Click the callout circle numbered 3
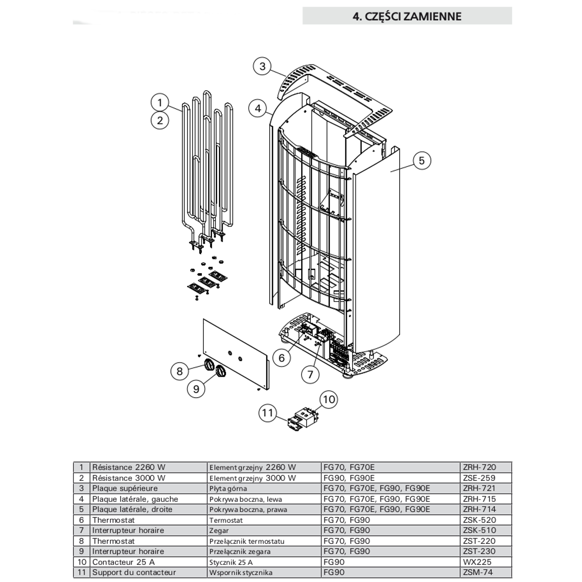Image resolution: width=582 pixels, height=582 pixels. pos(262,66)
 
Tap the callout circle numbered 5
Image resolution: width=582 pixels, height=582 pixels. pos(421,161)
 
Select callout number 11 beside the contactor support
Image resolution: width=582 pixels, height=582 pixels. pos(268,413)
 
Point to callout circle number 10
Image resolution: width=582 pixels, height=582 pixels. pos(329,399)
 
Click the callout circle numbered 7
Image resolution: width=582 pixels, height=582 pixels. pos(310,374)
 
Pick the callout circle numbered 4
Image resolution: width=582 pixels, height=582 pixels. pos(258,109)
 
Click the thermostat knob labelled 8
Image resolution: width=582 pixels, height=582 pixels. pos(209,365)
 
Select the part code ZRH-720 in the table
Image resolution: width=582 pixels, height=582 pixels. pos(479,467)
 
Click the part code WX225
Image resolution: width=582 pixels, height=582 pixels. pos(477,562)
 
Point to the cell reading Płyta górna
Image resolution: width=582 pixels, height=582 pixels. pos(228,489)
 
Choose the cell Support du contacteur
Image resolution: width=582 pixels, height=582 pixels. pos(134,572)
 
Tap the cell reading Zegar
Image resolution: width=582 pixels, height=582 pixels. pos(219,531)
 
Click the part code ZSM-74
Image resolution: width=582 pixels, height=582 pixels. pos(478,572)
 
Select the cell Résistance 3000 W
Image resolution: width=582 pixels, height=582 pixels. pos(129,478)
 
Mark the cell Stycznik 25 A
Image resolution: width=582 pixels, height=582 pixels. pos(231,562)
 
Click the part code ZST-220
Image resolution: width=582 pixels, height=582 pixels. pos(479,541)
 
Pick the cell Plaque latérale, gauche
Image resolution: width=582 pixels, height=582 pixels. pos(135,499)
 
